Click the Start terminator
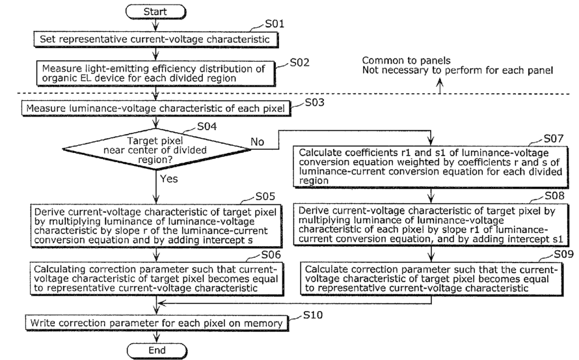click(155, 12)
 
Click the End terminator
click(157, 350)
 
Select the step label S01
click(275, 24)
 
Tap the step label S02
click(299, 62)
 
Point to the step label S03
click(315, 102)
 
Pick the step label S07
click(554, 139)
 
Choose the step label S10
click(313, 315)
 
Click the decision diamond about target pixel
click(157, 149)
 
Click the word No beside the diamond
click(258, 141)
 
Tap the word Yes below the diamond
click(168, 179)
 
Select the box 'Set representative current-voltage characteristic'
click(155, 40)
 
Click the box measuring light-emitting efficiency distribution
click(156, 73)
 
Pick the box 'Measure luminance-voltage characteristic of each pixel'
click(156, 109)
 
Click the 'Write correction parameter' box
click(157, 323)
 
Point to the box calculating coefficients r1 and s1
click(431, 167)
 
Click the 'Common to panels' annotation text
click(406, 61)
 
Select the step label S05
click(265, 196)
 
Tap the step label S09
click(563, 255)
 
